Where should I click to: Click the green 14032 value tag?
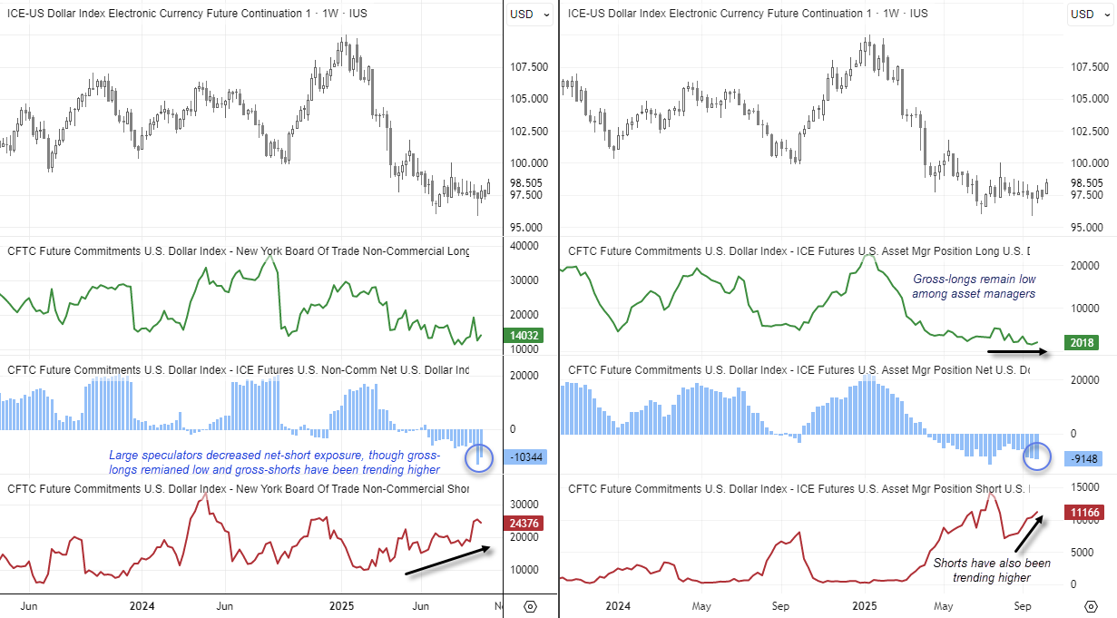pos(525,335)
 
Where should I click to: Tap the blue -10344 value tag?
pos(525,456)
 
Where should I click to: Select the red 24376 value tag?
pos(525,523)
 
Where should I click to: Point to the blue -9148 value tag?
pos(1083,459)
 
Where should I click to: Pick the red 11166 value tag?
pos(1083,514)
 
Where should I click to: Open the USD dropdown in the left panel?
pos(529,14)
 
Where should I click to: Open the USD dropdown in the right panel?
pos(1089,14)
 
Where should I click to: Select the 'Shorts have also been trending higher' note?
pos(992,570)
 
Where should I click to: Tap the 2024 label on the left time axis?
pos(142,605)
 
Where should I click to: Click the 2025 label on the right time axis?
pos(865,605)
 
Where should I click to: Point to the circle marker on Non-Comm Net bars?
pos(478,458)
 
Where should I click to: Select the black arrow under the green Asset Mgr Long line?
pos(1018,350)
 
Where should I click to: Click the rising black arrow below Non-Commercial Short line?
pos(448,560)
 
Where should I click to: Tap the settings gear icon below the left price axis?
pos(531,605)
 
